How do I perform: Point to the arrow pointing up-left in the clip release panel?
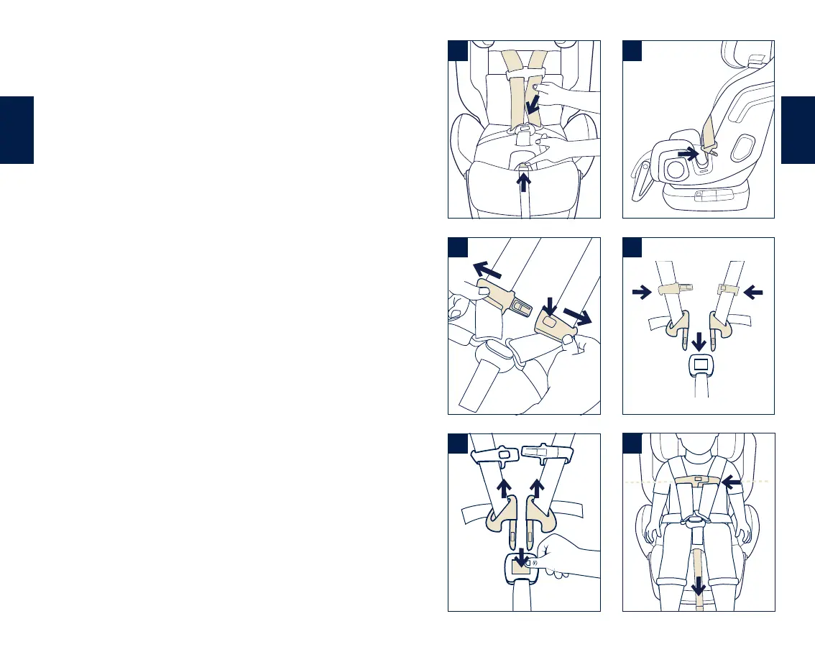pyautogui.click(x=485, y=270)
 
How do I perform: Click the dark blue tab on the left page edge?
pyautogui.click(x=17, y=130)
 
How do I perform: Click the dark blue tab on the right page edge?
pyautogui.click(x=798, y=130)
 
